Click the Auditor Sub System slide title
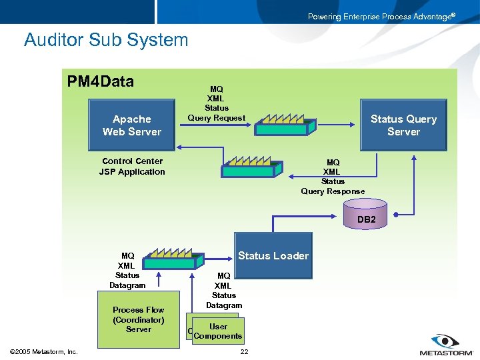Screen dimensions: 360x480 [x=106, y=40]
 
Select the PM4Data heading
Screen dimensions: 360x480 [x=101, y=82]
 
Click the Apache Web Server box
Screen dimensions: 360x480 [x=131, y=125]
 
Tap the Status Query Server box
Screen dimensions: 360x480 [x=403, y=125]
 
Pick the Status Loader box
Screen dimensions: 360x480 [x=273, y=256]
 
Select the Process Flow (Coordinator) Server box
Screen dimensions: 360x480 [x=138, y=319]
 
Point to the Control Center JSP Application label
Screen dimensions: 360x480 [x=132, y=167]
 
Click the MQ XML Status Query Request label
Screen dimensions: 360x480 [x=216, y=103]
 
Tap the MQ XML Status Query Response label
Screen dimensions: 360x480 [x=333, y=177]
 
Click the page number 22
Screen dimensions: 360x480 [x=244, y=352]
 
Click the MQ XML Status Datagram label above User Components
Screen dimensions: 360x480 [x=224, y=291]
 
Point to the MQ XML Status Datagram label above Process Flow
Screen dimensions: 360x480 [x=127, y=271]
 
